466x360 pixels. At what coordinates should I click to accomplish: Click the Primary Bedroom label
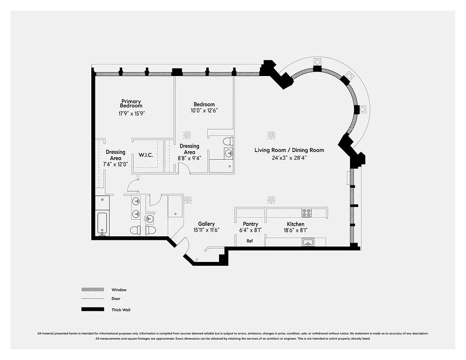click(131, 103)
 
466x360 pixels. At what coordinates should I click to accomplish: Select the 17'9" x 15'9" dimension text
click(131, 114)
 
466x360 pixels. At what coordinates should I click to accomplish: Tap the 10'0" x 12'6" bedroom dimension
click(204, 111)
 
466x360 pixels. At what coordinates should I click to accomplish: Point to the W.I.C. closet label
click(146, 155)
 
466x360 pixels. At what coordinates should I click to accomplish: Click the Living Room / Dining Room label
click(289, 150)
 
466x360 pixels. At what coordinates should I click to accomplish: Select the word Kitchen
click(296, 224)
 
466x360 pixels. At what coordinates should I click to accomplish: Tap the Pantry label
click(250, 224)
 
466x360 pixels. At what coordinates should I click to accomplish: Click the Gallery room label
click(206, 224)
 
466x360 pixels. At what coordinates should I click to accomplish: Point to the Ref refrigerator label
click(250, 241)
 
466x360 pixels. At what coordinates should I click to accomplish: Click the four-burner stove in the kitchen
click(306, 213)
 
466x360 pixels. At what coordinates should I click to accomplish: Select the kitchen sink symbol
click(308, 243)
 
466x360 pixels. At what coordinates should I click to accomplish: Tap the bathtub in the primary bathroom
click(102, 224)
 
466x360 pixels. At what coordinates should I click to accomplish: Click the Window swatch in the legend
click(92, 290)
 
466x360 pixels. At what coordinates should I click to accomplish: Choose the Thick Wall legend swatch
click(92, 310)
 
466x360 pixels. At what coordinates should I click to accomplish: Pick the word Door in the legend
click(116, 298)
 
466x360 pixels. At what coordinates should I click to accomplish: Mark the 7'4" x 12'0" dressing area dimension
click(115, 165)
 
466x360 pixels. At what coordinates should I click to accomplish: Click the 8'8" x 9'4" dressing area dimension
click(189, 158)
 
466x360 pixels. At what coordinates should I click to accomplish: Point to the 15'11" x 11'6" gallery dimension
click(206, 230)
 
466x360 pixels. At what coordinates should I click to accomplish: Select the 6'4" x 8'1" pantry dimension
click(250, 230)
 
